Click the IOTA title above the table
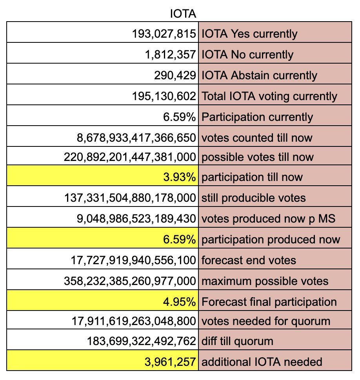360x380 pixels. coord(183,14)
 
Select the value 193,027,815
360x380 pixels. coord(164,34)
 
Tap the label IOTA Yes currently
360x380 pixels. coord(249,34)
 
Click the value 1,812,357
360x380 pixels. coord(170,54)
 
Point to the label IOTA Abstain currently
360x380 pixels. coord(259,75)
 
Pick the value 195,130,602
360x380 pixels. coord(164,96)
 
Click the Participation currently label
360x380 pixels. coord(257,117)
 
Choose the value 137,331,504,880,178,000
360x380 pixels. coord(130,197)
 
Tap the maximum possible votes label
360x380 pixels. coord(265,281)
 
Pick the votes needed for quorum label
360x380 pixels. coord(265,322)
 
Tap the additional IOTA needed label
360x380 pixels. coord(261,361)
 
